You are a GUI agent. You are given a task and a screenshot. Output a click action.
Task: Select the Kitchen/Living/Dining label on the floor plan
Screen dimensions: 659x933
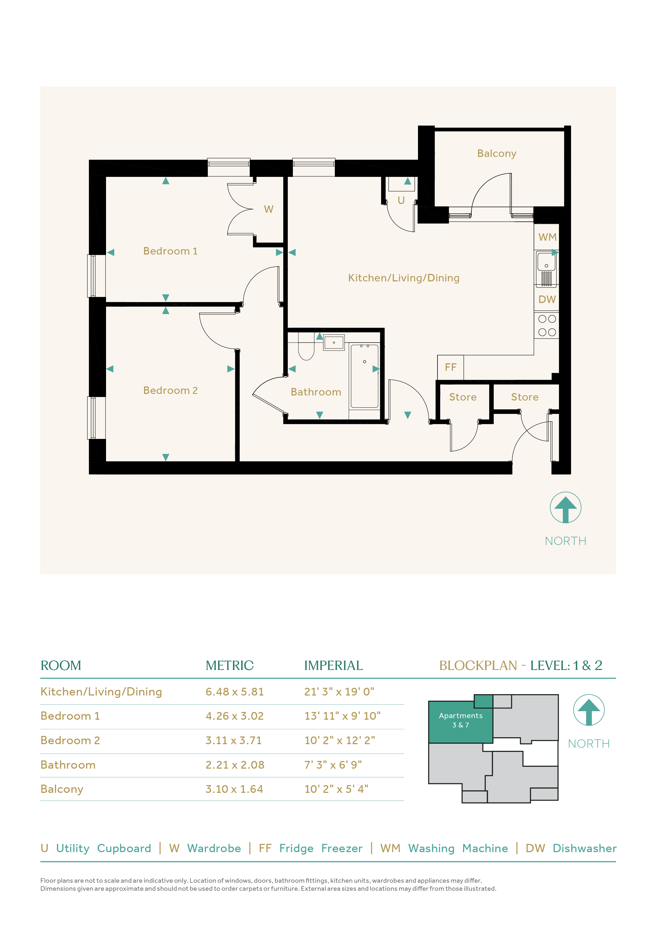pos(404,278)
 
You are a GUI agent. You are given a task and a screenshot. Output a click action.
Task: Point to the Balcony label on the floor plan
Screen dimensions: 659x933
pos(497,154)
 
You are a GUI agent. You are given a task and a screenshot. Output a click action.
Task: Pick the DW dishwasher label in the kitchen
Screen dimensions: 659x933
pos(547,299)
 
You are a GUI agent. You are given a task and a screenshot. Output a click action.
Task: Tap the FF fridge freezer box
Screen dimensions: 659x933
pos(450,367)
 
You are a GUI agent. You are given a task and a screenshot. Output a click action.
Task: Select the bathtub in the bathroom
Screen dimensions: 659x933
pos(365,376)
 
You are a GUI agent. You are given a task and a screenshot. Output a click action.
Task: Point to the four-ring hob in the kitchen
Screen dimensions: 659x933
pos(547,326)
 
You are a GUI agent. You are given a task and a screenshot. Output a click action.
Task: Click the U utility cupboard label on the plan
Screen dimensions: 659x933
pos(401,200)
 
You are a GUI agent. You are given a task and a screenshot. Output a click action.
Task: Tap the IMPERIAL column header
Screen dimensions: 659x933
pos(333,666)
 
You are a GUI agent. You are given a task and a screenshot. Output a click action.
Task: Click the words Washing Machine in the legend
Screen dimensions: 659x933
pos(458,848)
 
